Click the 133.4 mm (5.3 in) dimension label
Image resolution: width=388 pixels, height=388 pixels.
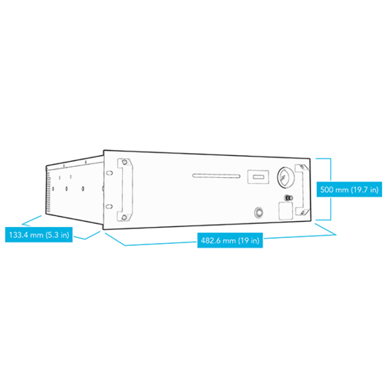tap(39, 234)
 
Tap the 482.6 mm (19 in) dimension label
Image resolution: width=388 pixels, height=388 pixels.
tap(230, 240)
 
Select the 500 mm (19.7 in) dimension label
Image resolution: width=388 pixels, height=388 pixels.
tap(349, 190)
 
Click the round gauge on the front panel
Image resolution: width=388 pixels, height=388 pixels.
tap(286, 177)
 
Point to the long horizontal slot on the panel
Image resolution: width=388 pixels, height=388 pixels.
tap(216, 176)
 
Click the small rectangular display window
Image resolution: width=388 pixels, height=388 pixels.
tap(258, 176)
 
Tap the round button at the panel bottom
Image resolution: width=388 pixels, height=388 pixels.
tap(258, 212)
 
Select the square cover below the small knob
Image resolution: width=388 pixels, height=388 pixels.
tap(286, 211)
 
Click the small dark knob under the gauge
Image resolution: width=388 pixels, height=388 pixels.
tap(288, 198)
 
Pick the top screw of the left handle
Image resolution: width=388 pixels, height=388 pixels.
tap(124, 163)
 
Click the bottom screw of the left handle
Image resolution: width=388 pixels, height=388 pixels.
tap(124, 217)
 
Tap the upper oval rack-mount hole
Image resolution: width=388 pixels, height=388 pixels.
tap(109, 173)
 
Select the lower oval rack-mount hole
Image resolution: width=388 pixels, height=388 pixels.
tap(109, 206)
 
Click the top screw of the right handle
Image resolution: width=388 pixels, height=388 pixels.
tap(302, 166)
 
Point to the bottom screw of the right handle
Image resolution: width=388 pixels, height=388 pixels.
tap(302, 212)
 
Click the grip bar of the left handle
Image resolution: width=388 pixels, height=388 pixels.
tap(130, 190)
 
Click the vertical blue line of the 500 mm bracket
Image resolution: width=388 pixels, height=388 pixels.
tap(331, 189)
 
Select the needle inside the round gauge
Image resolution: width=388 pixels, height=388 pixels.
tap(283, 178)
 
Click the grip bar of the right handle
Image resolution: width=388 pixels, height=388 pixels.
tap(297, 190)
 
